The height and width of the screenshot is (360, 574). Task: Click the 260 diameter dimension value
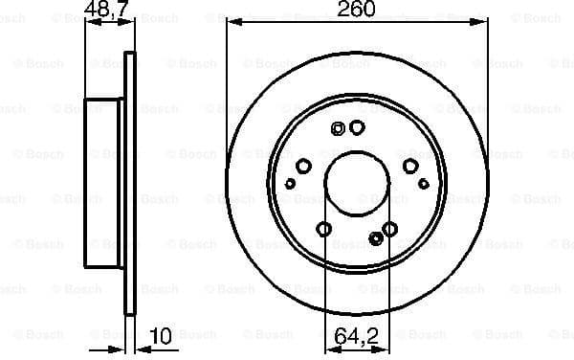(356, 10)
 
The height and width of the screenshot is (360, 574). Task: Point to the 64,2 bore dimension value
(356, 337)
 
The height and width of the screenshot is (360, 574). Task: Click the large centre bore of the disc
(356, 183)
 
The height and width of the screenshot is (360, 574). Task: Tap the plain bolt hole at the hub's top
(357, 126)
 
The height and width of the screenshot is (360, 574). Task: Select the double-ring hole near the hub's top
(337, 129)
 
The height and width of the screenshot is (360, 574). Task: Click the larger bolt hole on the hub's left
(303, 167)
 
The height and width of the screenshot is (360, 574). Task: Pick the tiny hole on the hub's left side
(291, 182)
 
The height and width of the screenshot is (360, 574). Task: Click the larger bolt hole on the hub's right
(410, 167)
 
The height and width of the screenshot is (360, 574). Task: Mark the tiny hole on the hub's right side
(423, 182)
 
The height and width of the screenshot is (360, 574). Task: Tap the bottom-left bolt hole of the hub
(324, 229)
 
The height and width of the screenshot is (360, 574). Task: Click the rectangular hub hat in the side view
(105, 183)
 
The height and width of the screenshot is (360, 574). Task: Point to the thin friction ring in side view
(131, 183)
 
